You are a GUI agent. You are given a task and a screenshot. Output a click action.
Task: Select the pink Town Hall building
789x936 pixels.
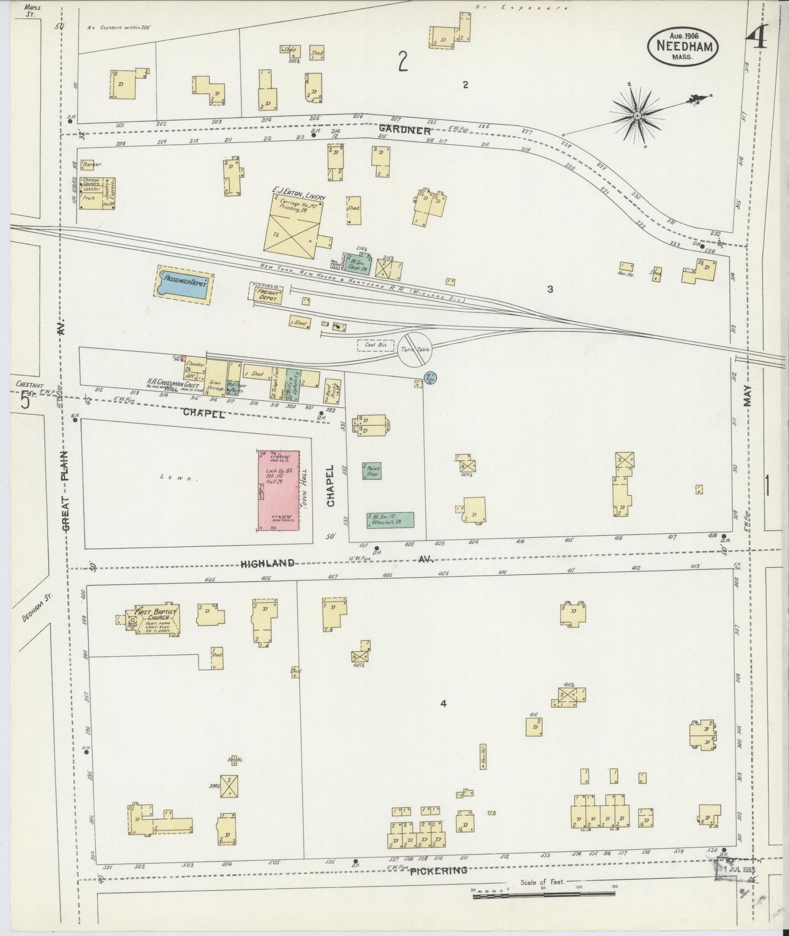(278, 490)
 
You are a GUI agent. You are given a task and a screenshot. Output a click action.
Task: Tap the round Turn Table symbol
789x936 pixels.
(416, 349)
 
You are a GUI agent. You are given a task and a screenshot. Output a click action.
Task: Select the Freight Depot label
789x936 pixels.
(268, 295)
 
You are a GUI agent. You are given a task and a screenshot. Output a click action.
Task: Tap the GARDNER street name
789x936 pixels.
(405, 130)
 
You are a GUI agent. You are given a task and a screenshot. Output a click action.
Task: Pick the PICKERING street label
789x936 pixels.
(438, 870)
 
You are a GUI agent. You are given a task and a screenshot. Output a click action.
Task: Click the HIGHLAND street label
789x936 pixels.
(268, 563)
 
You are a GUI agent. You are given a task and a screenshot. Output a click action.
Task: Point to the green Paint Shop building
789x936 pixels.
(372, 471)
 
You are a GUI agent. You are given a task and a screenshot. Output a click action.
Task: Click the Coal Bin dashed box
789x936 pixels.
(376, 345)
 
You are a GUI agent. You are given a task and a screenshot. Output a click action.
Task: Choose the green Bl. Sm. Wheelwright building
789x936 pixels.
(390, 519)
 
